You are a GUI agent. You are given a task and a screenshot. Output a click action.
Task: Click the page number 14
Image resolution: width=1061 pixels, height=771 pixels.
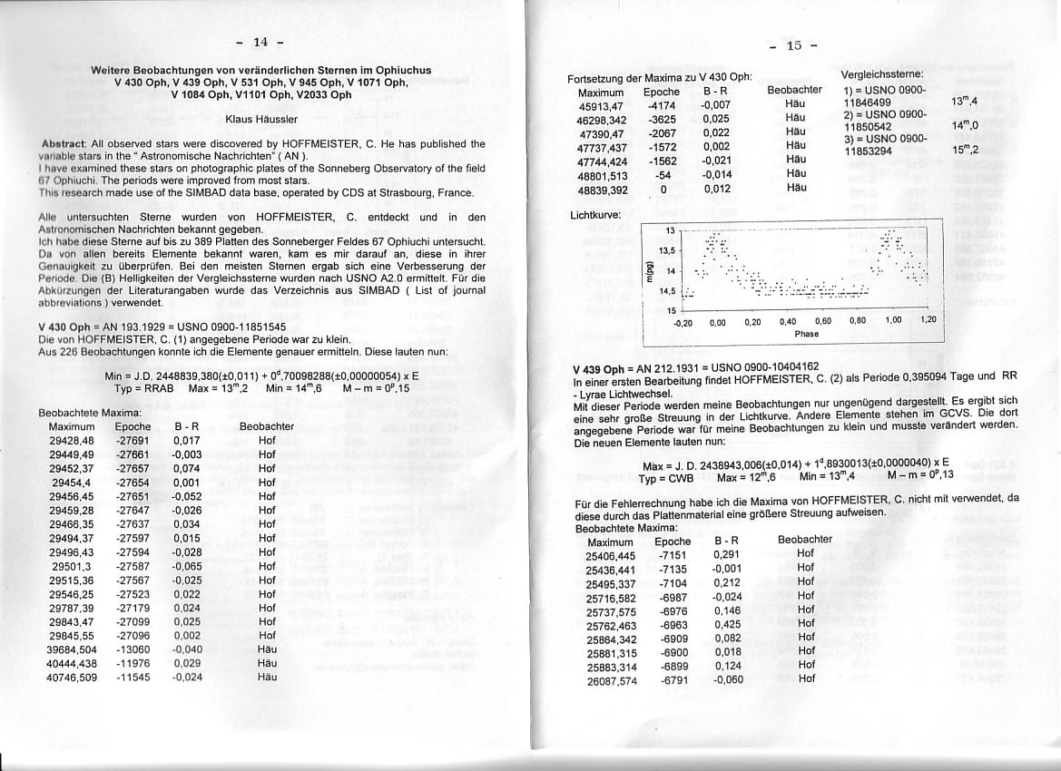click(x=260, y=42)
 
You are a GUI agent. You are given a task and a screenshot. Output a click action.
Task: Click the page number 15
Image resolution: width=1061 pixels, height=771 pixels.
click(x=793, y=46)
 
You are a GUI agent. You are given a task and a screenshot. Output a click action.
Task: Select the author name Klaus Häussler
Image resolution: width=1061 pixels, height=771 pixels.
click(x=260, y=119)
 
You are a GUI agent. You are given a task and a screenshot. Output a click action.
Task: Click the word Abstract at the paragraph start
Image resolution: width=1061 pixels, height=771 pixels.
click(x=64, y=144)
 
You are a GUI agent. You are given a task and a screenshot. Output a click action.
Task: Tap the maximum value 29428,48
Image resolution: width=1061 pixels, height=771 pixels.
click(x=72, y=439)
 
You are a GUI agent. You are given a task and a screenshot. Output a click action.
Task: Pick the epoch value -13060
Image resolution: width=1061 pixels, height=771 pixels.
click(x=133, y=649)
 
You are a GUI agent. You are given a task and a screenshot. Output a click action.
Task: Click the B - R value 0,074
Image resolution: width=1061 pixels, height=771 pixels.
click(x=187, y=467)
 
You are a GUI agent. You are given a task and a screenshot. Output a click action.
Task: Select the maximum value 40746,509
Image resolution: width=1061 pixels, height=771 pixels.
click(x=72, y=677)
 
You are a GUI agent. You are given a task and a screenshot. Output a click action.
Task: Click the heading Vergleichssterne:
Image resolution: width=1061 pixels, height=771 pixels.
click(x=882, y=73)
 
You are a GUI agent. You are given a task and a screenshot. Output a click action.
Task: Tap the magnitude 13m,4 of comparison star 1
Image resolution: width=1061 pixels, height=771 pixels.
click(x=964, y=102)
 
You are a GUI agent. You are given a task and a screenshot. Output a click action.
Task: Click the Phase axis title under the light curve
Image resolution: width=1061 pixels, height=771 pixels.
click(x=806, y=334)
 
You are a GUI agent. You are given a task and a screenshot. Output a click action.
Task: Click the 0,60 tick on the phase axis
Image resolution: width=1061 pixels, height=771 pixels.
click(x=823, y=321)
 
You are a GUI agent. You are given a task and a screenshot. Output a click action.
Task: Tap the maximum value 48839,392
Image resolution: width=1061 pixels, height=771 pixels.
click(x=603, y=190)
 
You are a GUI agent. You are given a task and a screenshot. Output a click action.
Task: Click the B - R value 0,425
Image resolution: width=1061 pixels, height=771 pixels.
click(x=727, y=624)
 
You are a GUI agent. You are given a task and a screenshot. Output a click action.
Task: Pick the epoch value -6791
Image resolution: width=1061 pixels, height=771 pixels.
click(x=673, y=678)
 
